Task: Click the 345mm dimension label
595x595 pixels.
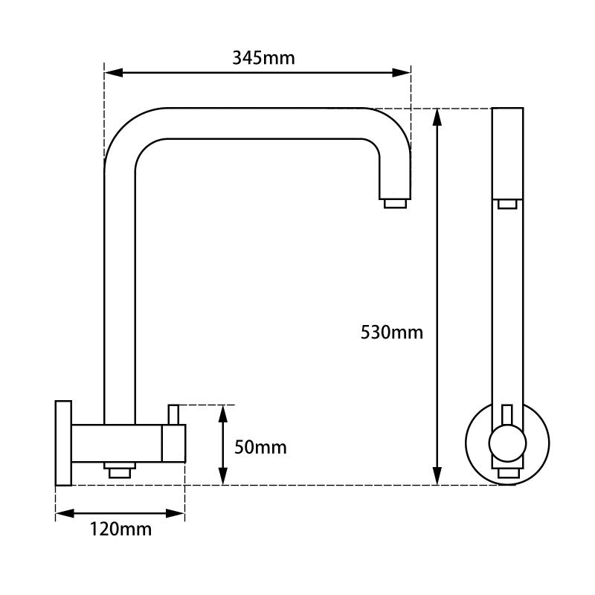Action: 263,58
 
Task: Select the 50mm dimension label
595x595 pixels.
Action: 260,447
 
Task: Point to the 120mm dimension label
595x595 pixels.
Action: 120,530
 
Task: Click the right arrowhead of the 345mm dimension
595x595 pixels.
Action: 402,73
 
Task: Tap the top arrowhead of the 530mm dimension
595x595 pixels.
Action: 438,116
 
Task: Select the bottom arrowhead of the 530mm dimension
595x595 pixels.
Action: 438,476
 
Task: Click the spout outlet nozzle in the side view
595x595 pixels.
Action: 395,203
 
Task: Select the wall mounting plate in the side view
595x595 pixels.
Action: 63,443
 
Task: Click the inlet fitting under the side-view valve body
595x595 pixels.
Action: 119,470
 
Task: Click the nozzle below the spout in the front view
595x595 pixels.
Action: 508,204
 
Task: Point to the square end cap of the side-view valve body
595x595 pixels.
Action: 174,443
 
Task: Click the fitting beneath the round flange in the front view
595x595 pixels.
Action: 509,474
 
